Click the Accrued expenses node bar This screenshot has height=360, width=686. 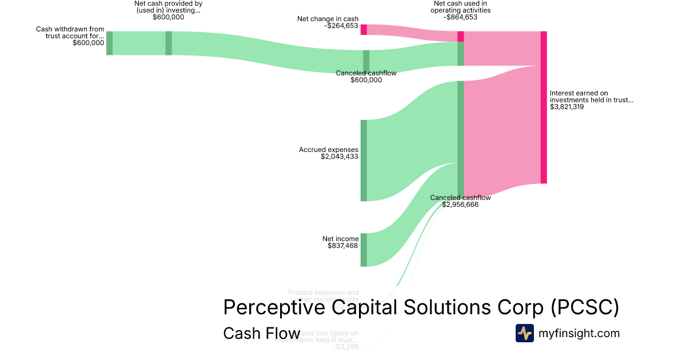click(364, 161)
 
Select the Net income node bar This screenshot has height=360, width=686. click(364, 250)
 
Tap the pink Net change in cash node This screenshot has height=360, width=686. click(364, 30)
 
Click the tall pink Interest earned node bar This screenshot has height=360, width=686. click(544, 107)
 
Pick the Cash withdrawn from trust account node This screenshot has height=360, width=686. click(109, 43)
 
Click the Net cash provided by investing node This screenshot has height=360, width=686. click(169, 43)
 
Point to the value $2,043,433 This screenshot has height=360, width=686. click(340, 157)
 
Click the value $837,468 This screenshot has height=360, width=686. click(343, 246)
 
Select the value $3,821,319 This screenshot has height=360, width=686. click(567, 107)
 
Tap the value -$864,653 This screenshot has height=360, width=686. click(460, 17)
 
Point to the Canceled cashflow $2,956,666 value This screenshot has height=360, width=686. click(460, 205)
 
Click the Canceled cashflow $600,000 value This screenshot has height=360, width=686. click(366, 80)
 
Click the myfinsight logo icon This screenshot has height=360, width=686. click(524, 333)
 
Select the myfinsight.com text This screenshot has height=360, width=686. click(579, 333)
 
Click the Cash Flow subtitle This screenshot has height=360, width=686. click(261, 334)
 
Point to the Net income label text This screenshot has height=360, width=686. click(341, 239)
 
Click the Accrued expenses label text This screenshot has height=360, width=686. click(329, 150)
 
